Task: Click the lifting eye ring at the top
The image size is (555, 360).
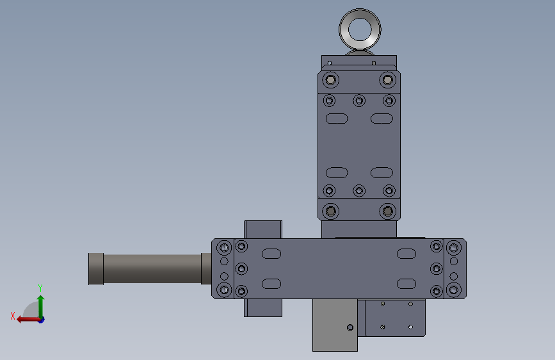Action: click(x=360, y=19)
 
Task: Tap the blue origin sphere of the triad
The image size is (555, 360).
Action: click(x=40, y=319)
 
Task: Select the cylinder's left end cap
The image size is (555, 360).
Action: click(x=95, y=269)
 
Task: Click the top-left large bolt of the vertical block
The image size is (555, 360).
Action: click(x=330, y=80)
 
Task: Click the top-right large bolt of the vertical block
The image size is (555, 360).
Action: click(x=387, y=80)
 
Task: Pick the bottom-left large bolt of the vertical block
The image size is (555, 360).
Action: click(x=330, y=211)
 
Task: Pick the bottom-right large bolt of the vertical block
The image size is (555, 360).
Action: click(x=387, y=211)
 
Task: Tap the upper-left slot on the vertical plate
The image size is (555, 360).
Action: click(x=337, y=119)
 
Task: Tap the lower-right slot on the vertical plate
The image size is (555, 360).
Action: click(x=382, y=172)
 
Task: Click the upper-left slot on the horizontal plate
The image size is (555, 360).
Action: click(x=271, y=254)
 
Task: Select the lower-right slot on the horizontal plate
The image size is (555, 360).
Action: click(x=406, y=284)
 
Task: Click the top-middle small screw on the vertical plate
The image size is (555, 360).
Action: click(x=359, y=101)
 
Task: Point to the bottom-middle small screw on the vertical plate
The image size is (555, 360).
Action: click(x=359, y=191)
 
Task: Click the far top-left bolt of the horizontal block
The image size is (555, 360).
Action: click(x=224, y=247)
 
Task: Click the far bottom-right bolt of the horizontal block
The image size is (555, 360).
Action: click(x=454, y=290)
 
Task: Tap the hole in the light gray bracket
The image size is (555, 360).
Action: click(x=350, y=328)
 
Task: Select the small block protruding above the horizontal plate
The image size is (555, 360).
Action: click(x=263, y=229)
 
